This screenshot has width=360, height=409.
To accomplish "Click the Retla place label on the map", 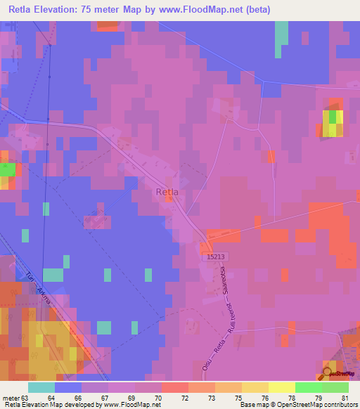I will tap(167, 191).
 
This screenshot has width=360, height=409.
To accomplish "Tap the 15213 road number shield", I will tap(217, 258).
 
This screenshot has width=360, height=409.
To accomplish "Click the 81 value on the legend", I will tap(344, 398).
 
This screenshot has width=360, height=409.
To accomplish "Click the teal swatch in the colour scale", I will tap(41, 387).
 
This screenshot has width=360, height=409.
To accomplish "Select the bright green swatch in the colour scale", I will tap(309, 387).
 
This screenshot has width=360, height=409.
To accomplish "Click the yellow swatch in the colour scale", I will tap(281, 387).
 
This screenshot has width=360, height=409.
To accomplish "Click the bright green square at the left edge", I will tap(7, 170).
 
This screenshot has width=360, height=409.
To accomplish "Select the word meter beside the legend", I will tap(11, 398).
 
